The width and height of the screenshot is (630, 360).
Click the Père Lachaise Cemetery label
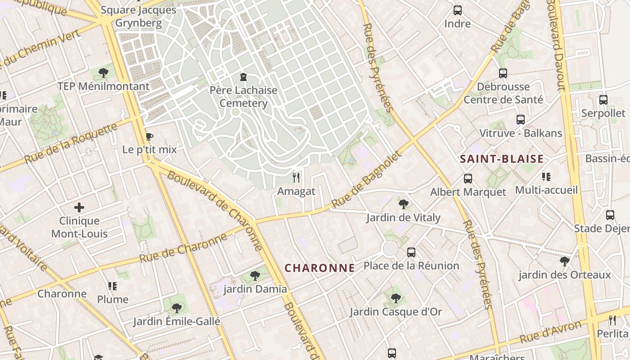pos(243,97)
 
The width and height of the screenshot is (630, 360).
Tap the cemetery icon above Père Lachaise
pos(243,77)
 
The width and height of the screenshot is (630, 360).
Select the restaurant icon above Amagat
pos(296,178)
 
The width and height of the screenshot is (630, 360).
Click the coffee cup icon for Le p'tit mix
pos(149,136)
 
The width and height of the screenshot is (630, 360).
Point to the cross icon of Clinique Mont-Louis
pos(79,207)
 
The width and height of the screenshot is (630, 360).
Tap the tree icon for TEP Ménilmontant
pos(103,72)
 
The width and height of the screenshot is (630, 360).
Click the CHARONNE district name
pos(319,268)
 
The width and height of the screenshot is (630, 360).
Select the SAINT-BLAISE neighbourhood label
pos(502,159)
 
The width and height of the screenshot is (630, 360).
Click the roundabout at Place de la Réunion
pos(390,249)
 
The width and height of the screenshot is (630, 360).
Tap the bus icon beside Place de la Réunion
pos(411,252)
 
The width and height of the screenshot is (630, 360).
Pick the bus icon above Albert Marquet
pos(468,179)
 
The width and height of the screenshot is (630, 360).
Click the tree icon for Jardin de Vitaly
pos(403,204)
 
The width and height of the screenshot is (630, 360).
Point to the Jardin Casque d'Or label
pos(396,311)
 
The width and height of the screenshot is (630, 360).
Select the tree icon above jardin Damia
pos(255,275)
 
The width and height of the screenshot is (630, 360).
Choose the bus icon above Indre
pos(458,10)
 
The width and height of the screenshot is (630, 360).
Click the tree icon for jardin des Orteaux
pos(564,261)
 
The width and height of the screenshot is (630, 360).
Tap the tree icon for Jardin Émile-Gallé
pos(177,308)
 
